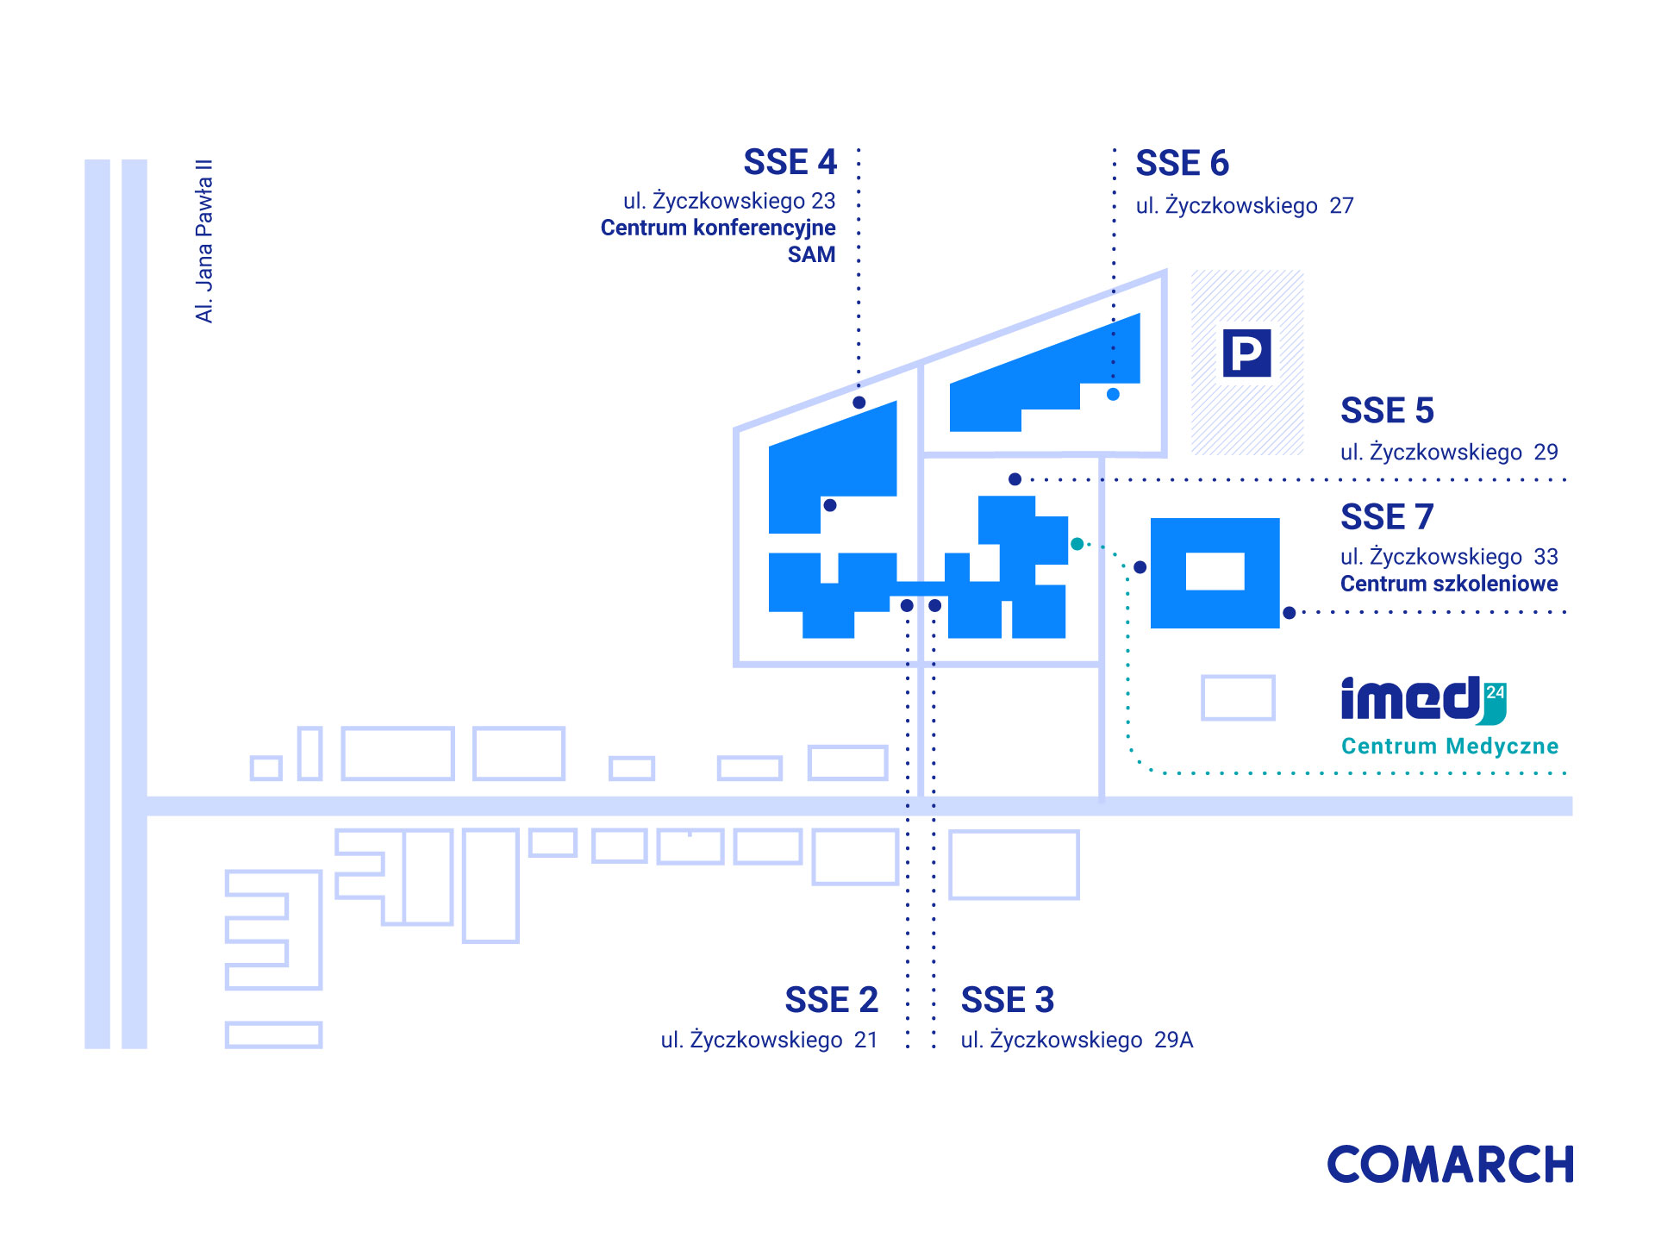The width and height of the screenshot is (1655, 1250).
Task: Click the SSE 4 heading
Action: (x=790, y=162)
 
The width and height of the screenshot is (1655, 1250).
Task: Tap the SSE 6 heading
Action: (x=1182, y=163)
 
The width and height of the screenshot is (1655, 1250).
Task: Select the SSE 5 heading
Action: (x=1387, y=410)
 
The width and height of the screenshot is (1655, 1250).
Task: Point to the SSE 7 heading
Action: (x=1387, y=516)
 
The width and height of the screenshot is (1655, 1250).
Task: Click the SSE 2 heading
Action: (x=831, y=999)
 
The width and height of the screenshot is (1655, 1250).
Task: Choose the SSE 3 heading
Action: (x=1008, y=999)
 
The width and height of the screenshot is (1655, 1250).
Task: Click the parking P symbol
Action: (x=1246, y=353)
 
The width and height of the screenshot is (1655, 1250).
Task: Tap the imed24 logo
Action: (x=1423, y=700)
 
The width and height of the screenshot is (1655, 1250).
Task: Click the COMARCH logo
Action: (x=1451, y=1164)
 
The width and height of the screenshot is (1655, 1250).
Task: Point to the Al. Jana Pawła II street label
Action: (x=203, y=241)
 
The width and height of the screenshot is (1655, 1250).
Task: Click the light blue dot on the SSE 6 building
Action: (x=1113, y=394)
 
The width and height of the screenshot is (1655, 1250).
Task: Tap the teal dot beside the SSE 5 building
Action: (x=1077, y=544)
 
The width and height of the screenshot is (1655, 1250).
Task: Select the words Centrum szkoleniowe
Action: (x=1449, y=584)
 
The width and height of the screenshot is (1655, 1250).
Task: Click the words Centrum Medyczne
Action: (x=1450, y=746)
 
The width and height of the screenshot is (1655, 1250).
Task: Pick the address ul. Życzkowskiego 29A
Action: (x=1077, y=1040)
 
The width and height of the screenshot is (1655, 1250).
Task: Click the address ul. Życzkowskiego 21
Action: (x=769, y=1040)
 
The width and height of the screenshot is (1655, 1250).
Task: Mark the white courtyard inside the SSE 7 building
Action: (x=1215, y=571)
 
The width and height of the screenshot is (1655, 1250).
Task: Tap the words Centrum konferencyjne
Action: (x=718, y=228)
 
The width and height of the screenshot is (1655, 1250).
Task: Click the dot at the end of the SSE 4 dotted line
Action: (x=859, y=403)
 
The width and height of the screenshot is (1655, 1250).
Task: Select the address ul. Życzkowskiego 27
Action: (x=1245, y=205)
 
